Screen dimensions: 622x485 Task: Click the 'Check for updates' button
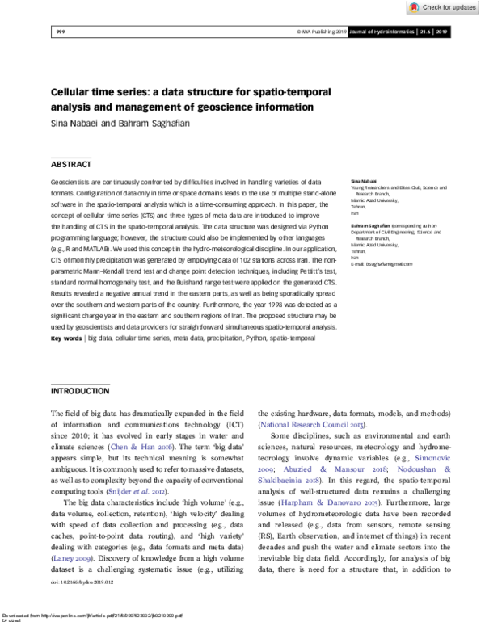[x=444, y=7]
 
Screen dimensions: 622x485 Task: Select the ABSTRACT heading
[x=71, y=163]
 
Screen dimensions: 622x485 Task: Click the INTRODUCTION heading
[x=80, y=391]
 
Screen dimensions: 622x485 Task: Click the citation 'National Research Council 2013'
[x=310, y=424]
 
